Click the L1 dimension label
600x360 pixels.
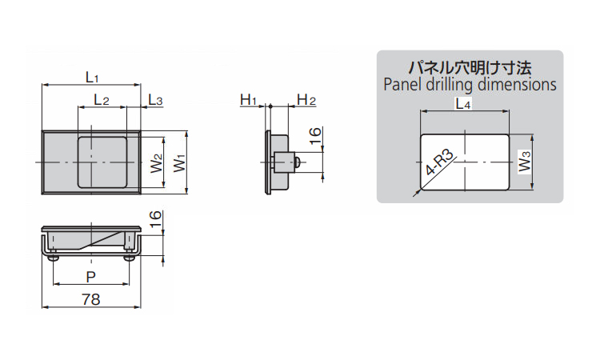click(91, 77)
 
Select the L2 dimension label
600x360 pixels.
click(102, 100)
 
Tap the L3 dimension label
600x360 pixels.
click(155, 100)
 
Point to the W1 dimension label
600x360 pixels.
click(179, 162)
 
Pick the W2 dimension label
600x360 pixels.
click(157, 162)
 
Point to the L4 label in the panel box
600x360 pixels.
click(463, 103)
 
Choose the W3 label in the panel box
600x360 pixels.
click(524, 162)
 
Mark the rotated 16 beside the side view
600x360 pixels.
click(314, 137)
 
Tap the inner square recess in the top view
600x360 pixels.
click(102, 162)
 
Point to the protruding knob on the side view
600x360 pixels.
click(296, 162)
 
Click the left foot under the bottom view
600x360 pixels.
click(54, 258)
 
